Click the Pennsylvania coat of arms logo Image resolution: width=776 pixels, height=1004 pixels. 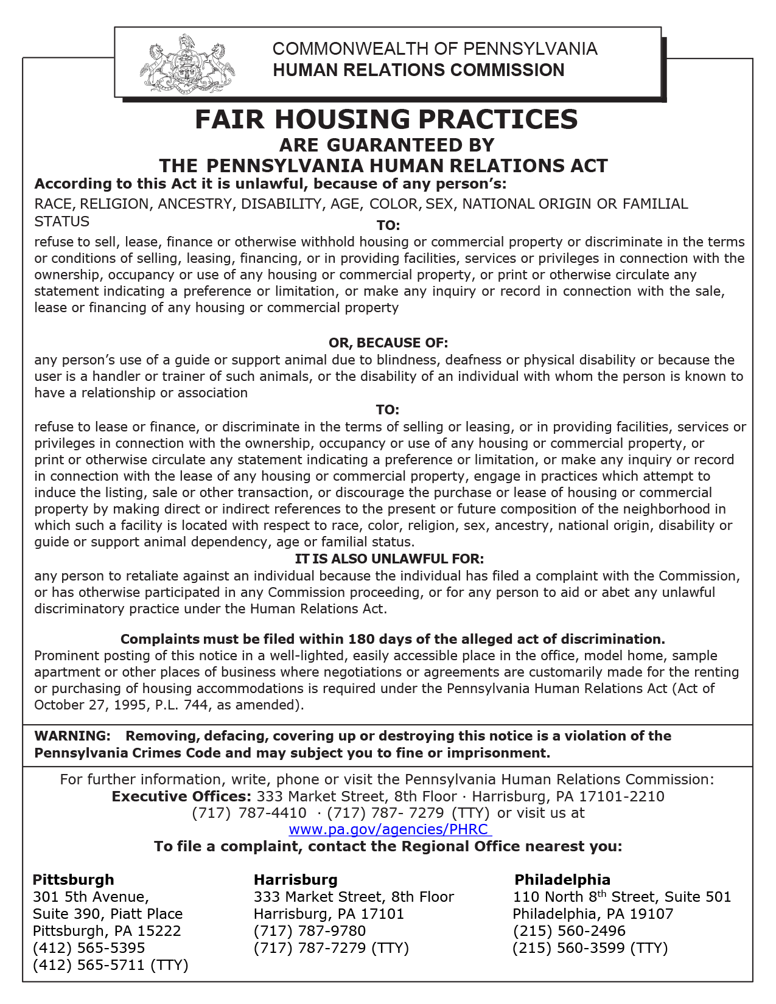(x=186, y=63)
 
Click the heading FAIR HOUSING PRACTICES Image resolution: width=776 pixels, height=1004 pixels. (x=386, y=119)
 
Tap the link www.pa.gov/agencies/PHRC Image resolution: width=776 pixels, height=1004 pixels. (x=388, y=829)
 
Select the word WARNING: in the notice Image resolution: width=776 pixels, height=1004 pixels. (x=72, y=736)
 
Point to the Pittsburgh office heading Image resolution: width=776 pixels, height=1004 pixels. (x=73, y=880)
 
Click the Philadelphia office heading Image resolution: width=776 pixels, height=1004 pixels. (x=562, y=880)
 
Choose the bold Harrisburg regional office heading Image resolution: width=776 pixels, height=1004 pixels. (x=295, y=880)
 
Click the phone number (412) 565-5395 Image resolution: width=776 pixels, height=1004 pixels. (x=89, y=948)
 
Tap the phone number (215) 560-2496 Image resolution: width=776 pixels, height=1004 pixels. (x=569, y=931)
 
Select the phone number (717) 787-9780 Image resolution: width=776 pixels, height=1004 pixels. (x=310, y=931)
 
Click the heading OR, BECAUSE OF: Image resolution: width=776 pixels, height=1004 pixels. (x=388, y=343)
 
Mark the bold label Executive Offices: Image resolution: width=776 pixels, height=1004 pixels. (x=181, y=797)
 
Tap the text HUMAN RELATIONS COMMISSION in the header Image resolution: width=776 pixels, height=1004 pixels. (x=419, y=71)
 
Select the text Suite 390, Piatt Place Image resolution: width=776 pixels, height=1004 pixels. (x=108, y=914)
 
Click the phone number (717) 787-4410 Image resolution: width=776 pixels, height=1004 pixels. (x=250, y=813)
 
